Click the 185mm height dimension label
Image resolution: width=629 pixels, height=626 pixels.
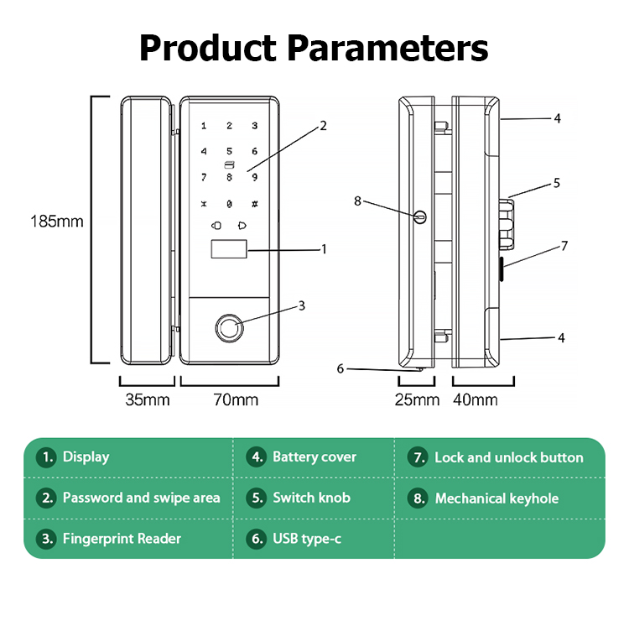point(55,222)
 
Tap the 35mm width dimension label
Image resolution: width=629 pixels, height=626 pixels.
point(147,399)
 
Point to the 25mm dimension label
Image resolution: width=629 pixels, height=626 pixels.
point(417,399)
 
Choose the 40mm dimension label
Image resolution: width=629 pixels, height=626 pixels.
point(475,399)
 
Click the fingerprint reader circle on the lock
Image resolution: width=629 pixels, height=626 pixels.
point(230,325)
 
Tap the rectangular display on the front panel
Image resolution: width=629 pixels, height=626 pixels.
point(228,250)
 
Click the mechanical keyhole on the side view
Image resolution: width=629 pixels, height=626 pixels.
point(420,216)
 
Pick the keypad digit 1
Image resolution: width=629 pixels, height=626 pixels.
point(203,127)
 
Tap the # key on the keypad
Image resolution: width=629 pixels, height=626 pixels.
point(255,204)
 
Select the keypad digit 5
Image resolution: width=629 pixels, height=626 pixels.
point(229,152)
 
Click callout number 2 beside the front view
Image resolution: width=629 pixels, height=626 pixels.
point(323,128)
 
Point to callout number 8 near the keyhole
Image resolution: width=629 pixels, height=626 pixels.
point(357,201)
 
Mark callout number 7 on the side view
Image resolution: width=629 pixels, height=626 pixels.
point(564,246)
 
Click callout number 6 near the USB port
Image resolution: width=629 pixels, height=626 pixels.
point(340,368)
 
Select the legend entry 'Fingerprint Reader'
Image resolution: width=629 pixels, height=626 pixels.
point(122,539)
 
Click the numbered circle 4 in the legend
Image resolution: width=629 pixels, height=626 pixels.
point(257,457)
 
